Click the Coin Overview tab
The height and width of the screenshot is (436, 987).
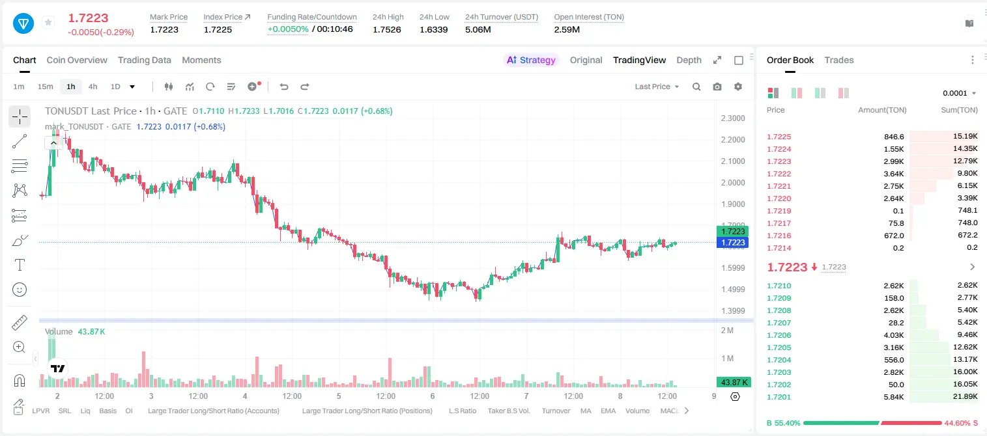(x=77, y=60)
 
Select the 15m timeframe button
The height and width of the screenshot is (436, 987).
(x=45, y=87)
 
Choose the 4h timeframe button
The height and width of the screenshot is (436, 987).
(x=93, y=87)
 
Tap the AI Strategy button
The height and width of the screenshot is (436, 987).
(x=531, y=60)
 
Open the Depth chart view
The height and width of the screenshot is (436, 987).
(x=689, y=60)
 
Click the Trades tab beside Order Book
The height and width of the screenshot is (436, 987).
(x=839, y=60)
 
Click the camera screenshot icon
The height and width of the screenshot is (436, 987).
(x=717, y=87)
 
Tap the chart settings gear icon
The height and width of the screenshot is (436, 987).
(x=738, y=87)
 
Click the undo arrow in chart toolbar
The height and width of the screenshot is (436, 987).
(x=284, y=87)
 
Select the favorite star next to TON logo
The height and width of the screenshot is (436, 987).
(x=48, y=22)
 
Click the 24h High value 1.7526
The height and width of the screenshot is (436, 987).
(x=387, y=29)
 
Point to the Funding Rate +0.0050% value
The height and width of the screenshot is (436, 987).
(x=288, y=29)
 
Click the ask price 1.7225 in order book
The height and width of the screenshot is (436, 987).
(x=779, y=137)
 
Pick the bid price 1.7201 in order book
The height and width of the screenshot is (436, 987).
(x=779, y=397)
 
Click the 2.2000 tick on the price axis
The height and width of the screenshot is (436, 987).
(x=733, y=139)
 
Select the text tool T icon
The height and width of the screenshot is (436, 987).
(x=20, y=265)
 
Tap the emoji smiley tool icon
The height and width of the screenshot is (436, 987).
(x=20, y=290)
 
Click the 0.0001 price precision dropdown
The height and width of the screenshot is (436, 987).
(x=959, y=93)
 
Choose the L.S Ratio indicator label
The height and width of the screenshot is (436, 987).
(x=462, y=411)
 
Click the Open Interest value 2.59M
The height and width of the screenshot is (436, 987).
(x=567, y=29)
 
